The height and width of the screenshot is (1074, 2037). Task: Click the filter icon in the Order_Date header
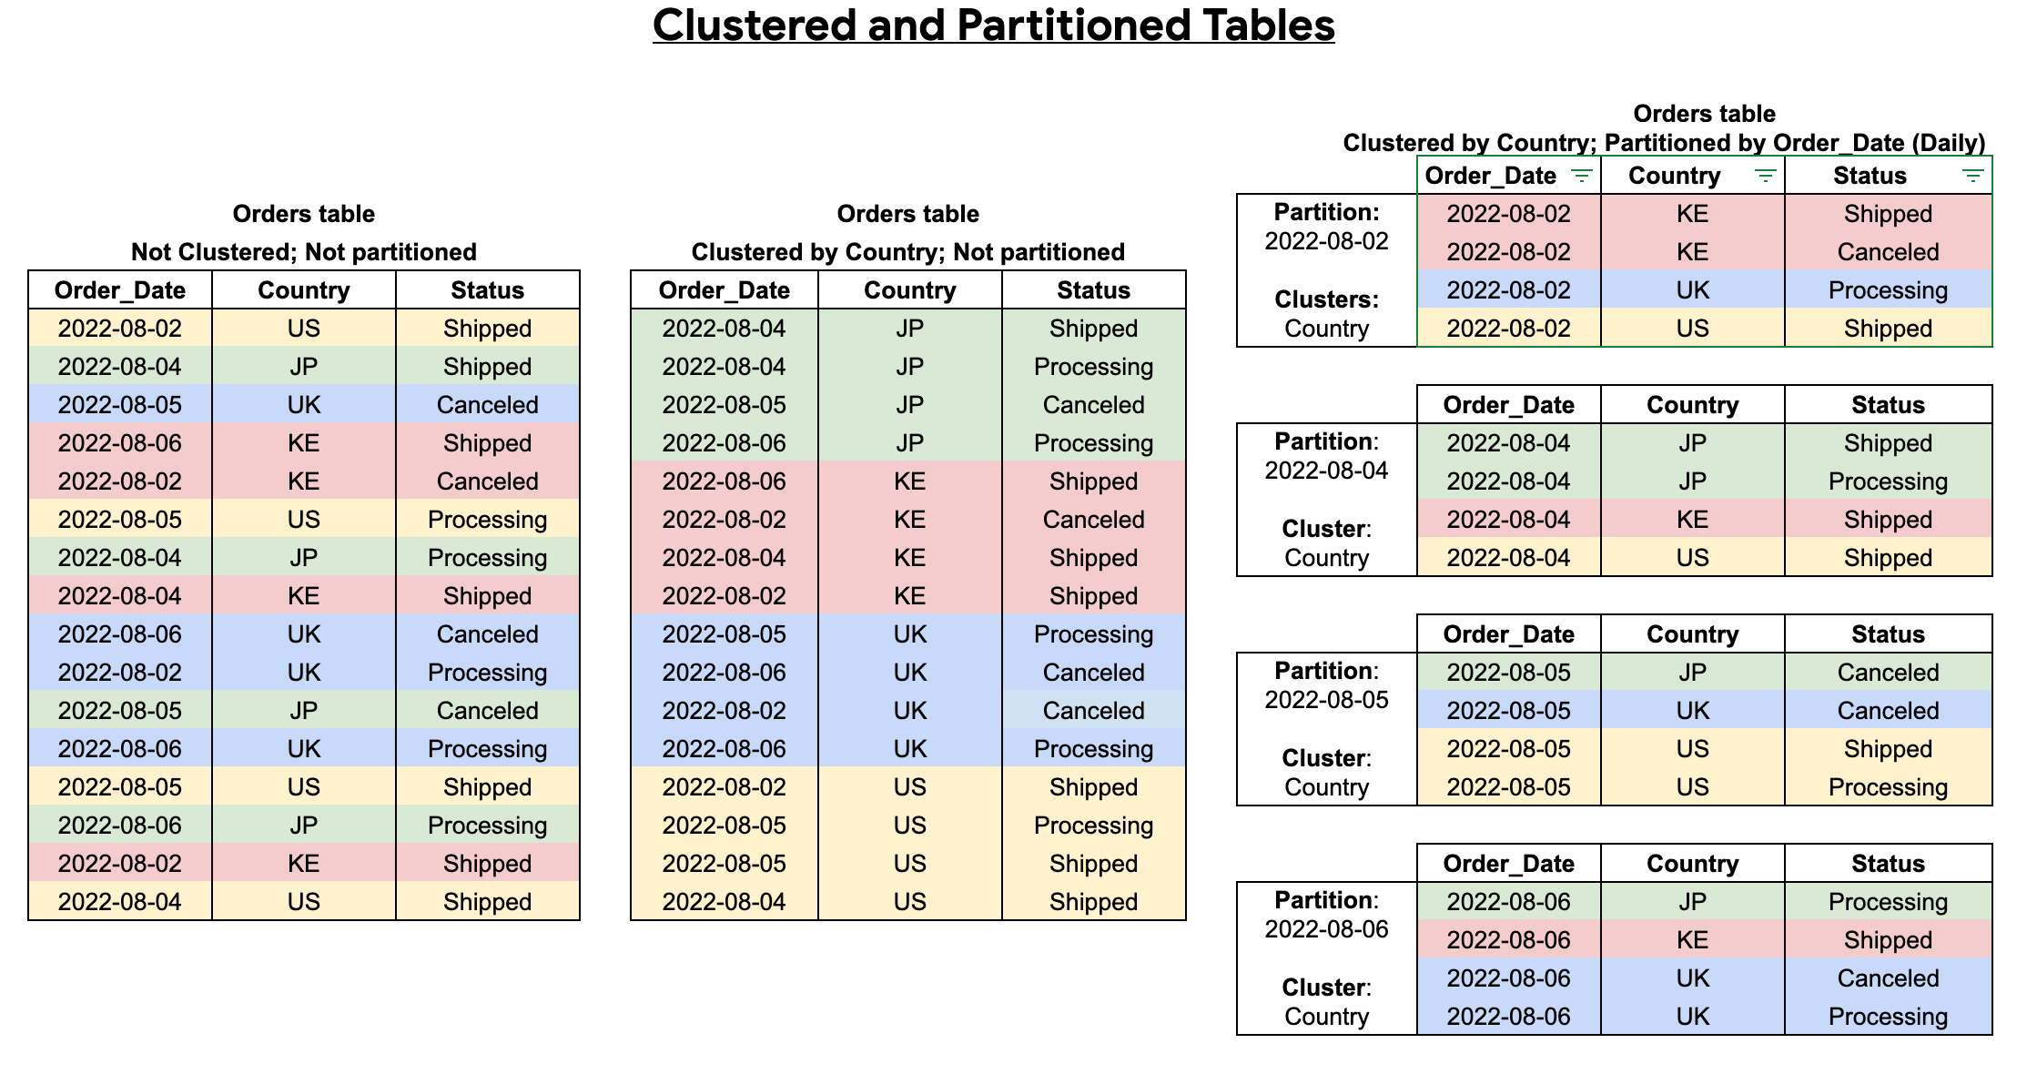point(1582,176)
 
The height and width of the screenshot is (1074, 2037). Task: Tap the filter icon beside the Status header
point(1972,176)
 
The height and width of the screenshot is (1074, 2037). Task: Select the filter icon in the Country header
point(1766,176)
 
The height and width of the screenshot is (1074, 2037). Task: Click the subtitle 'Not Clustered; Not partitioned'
point(303,252)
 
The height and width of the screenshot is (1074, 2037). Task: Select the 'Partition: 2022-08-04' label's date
point(1326,471)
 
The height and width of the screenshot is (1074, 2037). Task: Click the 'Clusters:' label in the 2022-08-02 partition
point(1326,299)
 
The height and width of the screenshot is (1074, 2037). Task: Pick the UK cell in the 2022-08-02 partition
point(1692,290)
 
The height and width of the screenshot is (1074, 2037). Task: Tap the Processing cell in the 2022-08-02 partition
point(1888,290)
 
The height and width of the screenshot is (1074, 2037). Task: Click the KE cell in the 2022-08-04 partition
point(1692,520)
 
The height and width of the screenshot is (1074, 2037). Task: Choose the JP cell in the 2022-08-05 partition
point(1692,673)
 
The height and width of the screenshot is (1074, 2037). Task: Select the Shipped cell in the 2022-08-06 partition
point(1888,940)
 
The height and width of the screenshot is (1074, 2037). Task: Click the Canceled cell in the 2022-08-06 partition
point(1888,978)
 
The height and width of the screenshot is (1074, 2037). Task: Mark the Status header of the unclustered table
point(487,290)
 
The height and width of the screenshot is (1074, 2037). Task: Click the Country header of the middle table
point(909,290)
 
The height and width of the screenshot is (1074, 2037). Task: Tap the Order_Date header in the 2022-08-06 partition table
point(1508,864)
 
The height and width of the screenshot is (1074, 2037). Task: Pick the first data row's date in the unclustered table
point(120,329)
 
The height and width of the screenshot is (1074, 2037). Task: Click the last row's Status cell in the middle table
point(1093,902)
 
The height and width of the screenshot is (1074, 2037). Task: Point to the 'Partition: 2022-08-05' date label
point(1326,700)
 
